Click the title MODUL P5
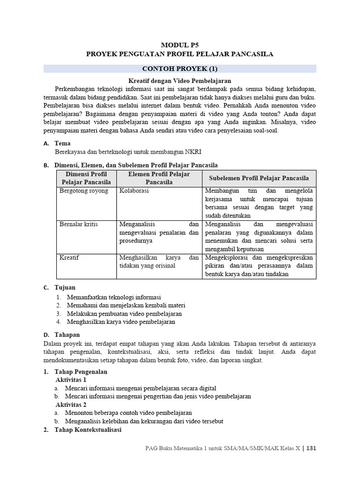pos(180,45)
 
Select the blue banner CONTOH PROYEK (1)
pos(180,68)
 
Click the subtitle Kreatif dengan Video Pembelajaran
pos(180,81)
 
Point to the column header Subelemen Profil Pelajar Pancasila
pos(259,178)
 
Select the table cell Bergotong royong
pos(84,191)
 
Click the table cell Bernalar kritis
pos(78,224)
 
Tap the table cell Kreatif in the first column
pos(69,257)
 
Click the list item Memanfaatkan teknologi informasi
pos(114,298)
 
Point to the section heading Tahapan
pos(67,335)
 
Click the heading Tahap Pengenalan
pos(81,372)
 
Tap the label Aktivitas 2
pos(71,404)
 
